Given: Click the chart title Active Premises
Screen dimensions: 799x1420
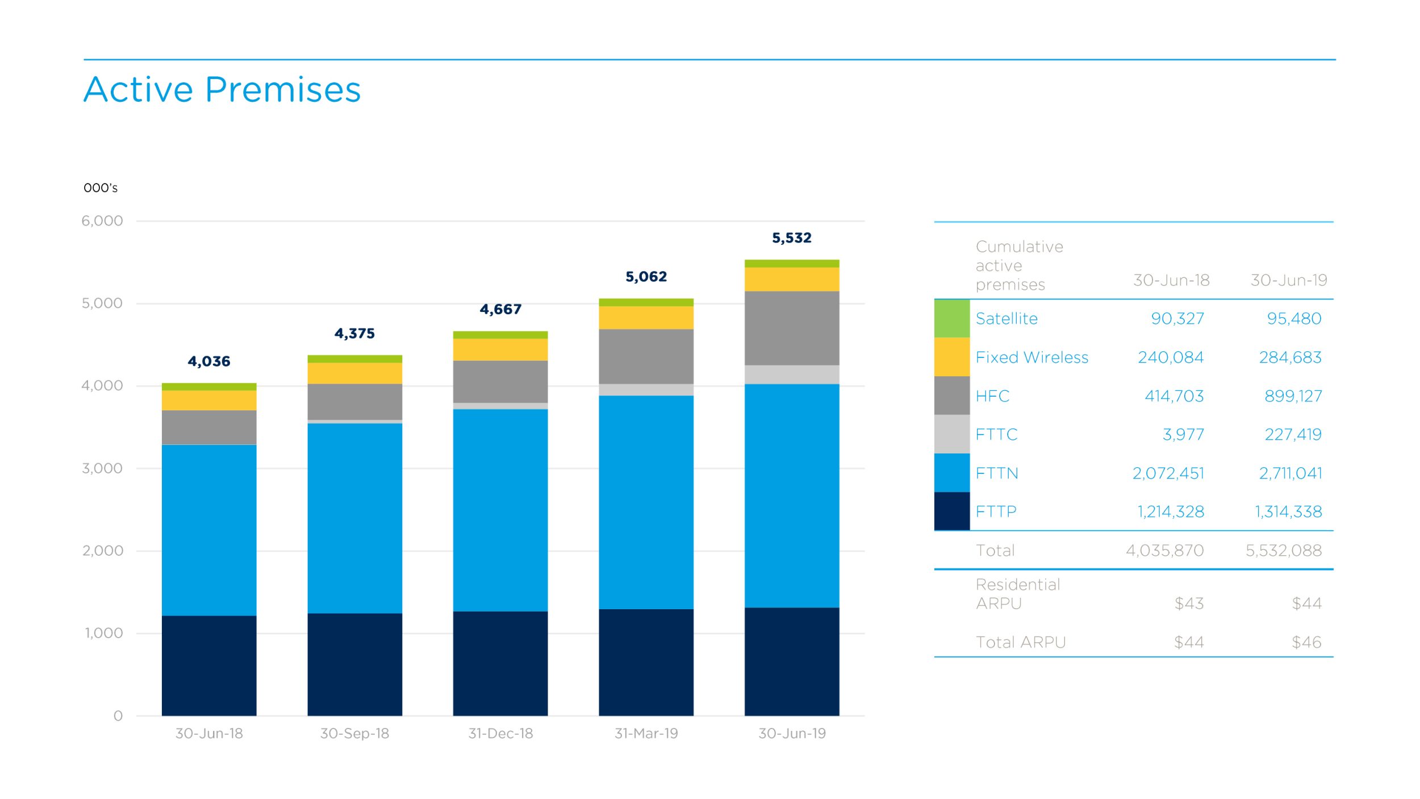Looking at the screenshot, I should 222,90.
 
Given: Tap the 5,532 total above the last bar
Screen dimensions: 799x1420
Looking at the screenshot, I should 791,238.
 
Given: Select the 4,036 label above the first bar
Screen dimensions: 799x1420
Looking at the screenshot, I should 209,361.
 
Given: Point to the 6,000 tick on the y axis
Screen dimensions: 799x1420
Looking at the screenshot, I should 102,221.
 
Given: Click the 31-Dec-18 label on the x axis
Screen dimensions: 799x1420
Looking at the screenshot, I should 500,734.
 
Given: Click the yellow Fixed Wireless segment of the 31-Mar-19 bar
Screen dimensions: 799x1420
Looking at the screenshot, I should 646,318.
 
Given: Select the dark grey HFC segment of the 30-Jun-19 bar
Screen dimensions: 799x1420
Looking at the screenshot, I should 791,328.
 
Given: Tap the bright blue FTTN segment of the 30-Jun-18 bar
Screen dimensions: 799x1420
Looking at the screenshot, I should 209,530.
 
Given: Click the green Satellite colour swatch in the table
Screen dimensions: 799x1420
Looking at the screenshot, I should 951,318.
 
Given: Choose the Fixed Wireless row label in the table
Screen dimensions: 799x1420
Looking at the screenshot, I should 1031,357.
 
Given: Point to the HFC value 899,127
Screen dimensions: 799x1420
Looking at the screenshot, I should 1293,396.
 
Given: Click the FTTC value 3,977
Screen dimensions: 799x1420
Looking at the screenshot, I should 1183,435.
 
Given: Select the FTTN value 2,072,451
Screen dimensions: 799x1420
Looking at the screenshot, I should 1168,473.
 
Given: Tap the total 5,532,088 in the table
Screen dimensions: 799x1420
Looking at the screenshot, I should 1283,550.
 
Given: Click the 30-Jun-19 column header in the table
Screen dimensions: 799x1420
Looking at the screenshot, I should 1288,280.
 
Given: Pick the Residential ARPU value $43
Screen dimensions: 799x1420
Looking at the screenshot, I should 1189,604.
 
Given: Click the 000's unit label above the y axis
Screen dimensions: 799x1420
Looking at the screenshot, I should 101,188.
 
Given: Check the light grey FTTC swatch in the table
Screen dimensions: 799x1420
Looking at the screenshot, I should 951,434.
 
